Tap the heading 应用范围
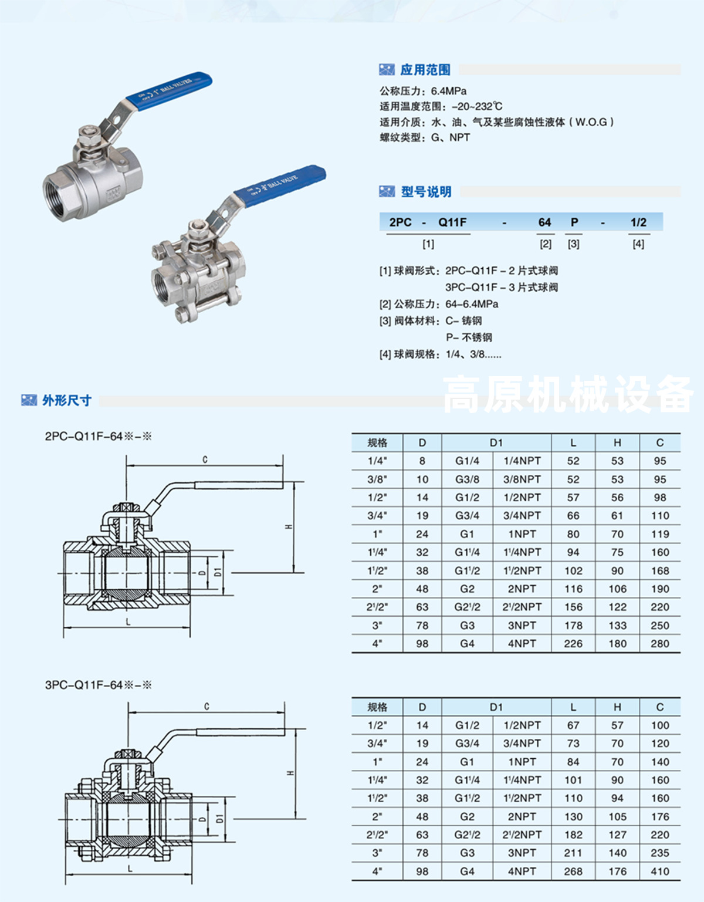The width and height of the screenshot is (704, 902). click(425, 70)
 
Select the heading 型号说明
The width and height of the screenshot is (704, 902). click(426, 191)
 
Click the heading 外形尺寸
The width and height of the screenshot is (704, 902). click(67, 400)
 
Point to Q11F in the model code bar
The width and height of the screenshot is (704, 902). click(452, 222)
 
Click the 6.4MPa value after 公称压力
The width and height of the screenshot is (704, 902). click(449, 91)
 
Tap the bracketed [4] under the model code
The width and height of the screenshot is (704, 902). click(638, 244)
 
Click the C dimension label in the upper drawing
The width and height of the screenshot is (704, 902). click(205, 460)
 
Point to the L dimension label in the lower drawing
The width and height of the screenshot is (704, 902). click(130, 869)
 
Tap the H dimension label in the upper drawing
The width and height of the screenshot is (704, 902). click(289, 526)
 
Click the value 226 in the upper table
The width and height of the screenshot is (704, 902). click(573, 644)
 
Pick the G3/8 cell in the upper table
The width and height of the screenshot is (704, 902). click(467, 479)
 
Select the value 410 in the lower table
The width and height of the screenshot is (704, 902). click(660, 871)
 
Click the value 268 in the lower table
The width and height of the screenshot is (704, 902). click(573, 871)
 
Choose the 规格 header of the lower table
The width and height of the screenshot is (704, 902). click(377, 707)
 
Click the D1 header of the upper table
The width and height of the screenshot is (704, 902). click(496, 442)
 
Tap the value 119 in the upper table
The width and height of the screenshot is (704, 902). click(660, 534)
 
